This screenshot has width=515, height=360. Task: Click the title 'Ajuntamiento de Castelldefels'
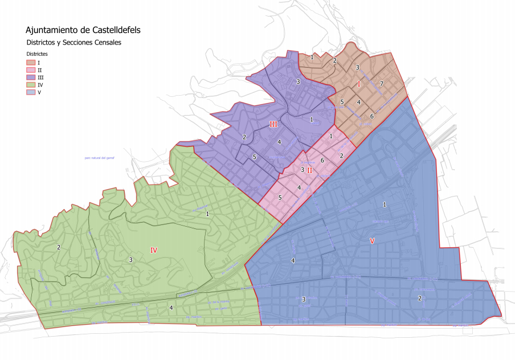83,30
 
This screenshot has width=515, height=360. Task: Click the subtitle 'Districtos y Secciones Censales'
74,42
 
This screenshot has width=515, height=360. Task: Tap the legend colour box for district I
31,62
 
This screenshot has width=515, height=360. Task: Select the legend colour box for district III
31,77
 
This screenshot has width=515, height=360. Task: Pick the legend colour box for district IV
31,84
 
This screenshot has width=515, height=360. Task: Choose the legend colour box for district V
31,92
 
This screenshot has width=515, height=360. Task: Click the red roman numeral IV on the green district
154,250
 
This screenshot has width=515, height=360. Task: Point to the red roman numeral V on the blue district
372,241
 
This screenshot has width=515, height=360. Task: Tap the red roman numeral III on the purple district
273,124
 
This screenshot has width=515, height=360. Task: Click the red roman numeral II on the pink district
310,170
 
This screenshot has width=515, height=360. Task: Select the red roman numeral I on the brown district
359,84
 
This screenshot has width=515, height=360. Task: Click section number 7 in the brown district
381,84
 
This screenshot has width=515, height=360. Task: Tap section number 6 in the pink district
322,161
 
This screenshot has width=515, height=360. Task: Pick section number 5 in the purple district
255,157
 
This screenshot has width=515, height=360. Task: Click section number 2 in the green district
59,247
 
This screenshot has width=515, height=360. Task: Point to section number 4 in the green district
171,308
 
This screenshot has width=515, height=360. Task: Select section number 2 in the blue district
420,298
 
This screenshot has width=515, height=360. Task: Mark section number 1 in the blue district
385,204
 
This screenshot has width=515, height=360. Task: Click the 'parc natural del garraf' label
100,158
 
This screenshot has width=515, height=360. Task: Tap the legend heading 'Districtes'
37,54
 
